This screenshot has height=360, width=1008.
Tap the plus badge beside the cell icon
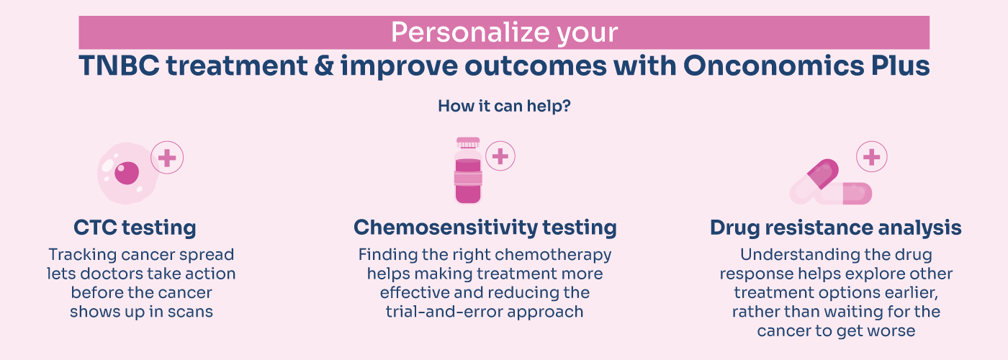(x=167, y=158)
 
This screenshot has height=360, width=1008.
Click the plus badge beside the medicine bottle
(x=500, y=156)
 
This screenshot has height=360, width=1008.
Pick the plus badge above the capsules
(x=871, y=157)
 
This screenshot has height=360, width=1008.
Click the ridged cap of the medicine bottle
(x=468, y=143)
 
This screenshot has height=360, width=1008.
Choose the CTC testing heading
(x=135, y=228)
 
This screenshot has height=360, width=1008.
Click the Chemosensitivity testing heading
(x=485, y=228)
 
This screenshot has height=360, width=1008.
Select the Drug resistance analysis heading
(x=835, y=228)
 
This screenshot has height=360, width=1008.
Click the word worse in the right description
(x=892, y=330)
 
